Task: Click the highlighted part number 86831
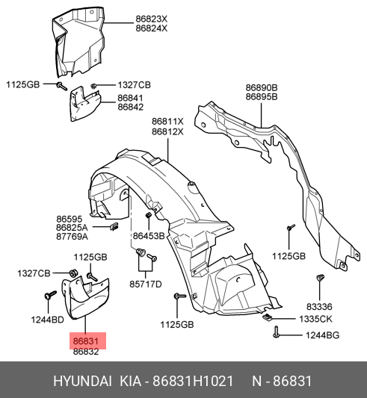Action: pos(86,341)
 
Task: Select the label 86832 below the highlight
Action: pos(86,352)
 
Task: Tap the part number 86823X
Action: pos(152,19)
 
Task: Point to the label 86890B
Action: pos(262,88)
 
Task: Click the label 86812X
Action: pos(167,132)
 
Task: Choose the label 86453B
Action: pos(149,236)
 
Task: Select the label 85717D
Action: pos(146,284)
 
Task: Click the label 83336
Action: pos(319,307)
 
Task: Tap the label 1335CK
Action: pos(315,319)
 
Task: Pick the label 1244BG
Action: pos(322,335)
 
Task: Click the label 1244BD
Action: pos(48,320)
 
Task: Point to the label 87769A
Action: pos(73,237)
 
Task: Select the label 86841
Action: pos(130,99)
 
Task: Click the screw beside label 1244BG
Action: pos(277,332)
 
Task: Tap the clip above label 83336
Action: pos(320,278)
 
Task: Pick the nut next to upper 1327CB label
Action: pos(93,86)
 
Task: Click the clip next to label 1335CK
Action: pos(267,317)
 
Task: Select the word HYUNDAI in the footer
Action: pos(82,382)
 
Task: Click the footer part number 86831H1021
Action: pos(193,382)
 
